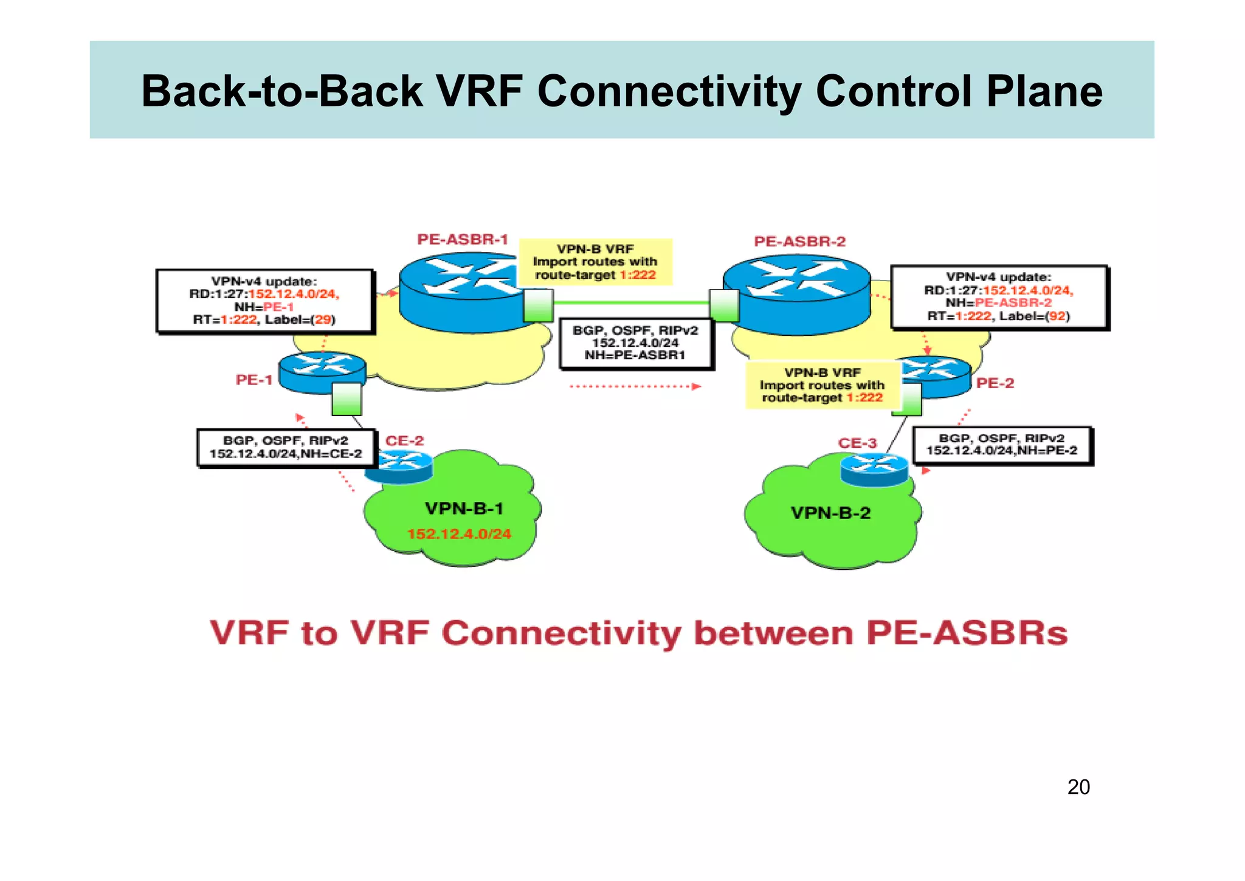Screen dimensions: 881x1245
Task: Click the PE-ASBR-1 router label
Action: tap(462, 240)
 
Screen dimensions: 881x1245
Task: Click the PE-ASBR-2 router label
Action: tap(799, 242)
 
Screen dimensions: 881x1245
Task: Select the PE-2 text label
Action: tap(995, 383)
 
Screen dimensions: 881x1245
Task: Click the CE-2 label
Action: tap(404, 441)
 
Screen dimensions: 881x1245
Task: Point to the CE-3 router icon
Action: tap(874, 470)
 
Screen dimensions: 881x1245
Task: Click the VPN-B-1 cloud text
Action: tap(464, 509)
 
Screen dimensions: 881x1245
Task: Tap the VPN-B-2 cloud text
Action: tap(830, 513)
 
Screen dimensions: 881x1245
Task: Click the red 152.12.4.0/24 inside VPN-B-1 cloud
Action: tap(459, 534)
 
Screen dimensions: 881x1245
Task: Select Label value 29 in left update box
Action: tap(323, 319)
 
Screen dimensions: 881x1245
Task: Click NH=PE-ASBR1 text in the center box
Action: tap(635, 355)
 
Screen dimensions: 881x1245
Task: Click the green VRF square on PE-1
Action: tap(347, 399)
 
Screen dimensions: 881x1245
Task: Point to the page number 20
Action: tap(1078, 787)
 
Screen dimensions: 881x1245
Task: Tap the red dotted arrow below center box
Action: tap(635, 386)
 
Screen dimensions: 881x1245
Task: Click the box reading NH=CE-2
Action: tap(285, 447)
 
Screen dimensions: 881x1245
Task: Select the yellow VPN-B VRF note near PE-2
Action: tap(822, 385)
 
